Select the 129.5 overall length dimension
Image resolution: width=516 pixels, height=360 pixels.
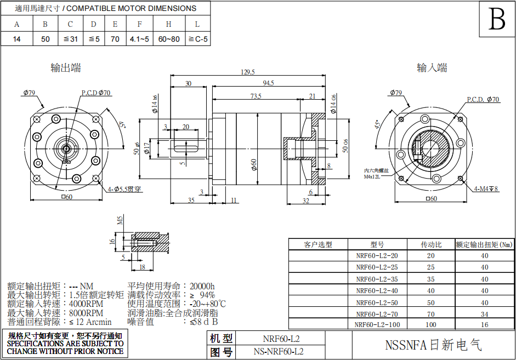click(x=248, y=72)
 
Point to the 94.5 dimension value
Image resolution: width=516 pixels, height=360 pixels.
click(x=268, y=83)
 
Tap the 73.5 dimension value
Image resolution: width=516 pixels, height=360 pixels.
click(x=256, y=96)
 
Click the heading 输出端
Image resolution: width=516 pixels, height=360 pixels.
click(x=66, y=68)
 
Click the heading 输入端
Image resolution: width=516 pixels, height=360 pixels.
click(x=432, y=68)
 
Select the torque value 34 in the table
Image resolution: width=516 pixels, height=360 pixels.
click(x=484, y=314)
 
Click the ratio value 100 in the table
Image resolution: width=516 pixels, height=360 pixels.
click(x=430, y=324)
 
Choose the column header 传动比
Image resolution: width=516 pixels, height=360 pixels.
click(x=430, y=244)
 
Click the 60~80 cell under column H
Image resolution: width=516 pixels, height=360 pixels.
click(x=169, y=39)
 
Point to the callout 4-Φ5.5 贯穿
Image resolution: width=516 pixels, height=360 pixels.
click(x=124, y=189)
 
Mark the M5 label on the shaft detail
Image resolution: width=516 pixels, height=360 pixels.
click(x=121, y=221)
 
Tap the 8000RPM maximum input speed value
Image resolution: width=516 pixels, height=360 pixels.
click(x=86, y=313)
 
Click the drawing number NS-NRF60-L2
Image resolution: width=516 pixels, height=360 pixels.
click(x=278, y=351)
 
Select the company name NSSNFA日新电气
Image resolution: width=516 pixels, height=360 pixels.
click(x=433, y=345)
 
